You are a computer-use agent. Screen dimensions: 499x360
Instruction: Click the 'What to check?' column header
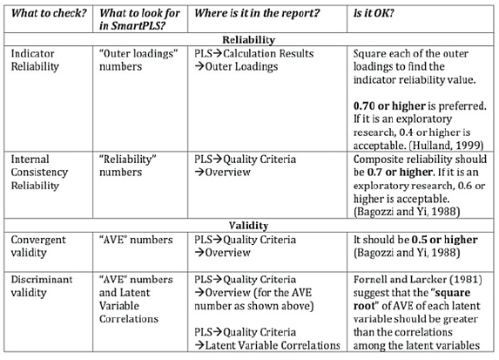(49, 13)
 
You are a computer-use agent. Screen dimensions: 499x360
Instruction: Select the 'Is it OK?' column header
(374, 13)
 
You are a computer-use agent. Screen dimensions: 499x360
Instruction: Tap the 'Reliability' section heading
(248, 40)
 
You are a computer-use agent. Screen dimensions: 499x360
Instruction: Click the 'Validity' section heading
(248, 226)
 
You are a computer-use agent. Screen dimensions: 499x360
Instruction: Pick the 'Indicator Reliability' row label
(35, 60)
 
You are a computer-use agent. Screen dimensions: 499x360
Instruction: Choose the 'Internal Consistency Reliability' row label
(39, 173)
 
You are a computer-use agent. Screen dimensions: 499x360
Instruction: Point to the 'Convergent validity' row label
(38, 247)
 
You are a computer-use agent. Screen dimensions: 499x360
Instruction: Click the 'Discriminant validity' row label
(42, 286)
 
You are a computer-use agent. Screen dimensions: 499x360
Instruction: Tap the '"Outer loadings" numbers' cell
(138, 60)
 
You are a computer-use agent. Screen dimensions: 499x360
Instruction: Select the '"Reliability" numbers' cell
(128, 166)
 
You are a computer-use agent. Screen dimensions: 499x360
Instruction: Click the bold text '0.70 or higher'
(389, 105)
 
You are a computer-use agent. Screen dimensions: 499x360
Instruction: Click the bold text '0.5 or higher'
(445, 240)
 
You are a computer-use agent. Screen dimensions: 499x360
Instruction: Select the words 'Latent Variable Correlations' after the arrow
(273, 345)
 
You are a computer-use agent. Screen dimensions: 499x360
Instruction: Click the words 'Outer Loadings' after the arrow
(241, 66)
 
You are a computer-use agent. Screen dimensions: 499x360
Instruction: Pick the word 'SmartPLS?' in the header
(138, 26)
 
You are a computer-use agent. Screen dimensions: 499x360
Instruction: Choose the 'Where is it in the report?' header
(257, 13)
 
